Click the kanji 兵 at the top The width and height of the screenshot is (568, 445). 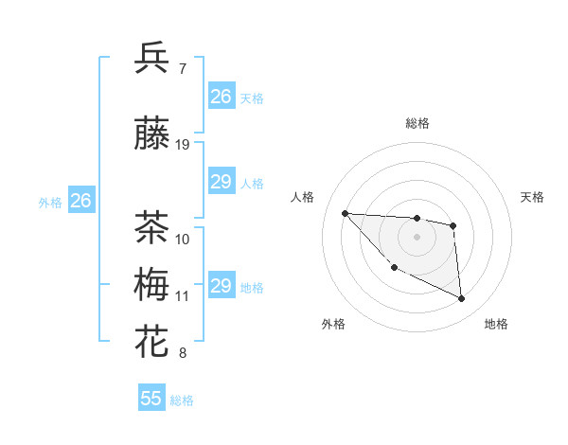[x=152, y=59]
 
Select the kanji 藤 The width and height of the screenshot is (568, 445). [x=152, y=135]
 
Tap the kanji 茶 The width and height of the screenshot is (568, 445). [x=152, y=228]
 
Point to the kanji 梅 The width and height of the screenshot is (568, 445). [x=152, y=285]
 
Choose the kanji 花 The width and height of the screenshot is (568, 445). [x=152, y=342]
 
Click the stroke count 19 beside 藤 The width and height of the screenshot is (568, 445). [x=183, y=145]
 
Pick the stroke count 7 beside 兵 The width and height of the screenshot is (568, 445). [x=182, y=69]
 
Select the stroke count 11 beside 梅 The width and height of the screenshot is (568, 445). [x=182, y=296]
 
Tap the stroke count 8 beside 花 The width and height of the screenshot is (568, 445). [x=182, y=354]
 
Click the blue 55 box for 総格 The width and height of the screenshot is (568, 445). [x=151, y=399]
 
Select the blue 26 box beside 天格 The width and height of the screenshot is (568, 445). [x=222, y=97]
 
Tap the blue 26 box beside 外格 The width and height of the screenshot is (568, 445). [x=81, y=201]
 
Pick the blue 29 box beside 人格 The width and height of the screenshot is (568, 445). [x=222, y=182]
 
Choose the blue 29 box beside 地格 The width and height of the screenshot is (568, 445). [x=222, y=286]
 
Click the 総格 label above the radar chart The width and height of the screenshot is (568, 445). [x=417, y=124]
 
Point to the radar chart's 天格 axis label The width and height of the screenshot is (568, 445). [x=533, y=197]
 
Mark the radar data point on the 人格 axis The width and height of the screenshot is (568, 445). [x=345, y=213]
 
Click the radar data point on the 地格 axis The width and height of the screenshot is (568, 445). [x=461, y=299]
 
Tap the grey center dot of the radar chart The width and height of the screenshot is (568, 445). [x=417, y=237]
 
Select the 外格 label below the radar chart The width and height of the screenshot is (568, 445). [x=333, y=325]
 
